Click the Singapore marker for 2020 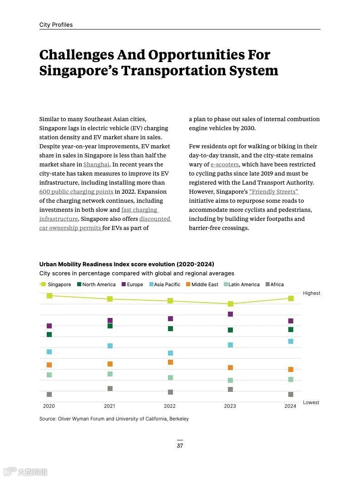49,296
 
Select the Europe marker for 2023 230,314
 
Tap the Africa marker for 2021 110,389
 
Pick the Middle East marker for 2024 291,370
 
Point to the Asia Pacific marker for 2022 170,353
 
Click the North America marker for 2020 49,335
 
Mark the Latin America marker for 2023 230,381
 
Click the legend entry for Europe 132,285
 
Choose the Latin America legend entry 241,285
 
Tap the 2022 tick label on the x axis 170,406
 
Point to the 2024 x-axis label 290,406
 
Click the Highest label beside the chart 311,293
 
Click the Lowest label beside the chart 311,403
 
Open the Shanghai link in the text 96,165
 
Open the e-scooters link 224,165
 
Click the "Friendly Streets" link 273,192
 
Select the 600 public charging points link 76,192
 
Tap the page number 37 180,446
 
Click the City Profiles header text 56,25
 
